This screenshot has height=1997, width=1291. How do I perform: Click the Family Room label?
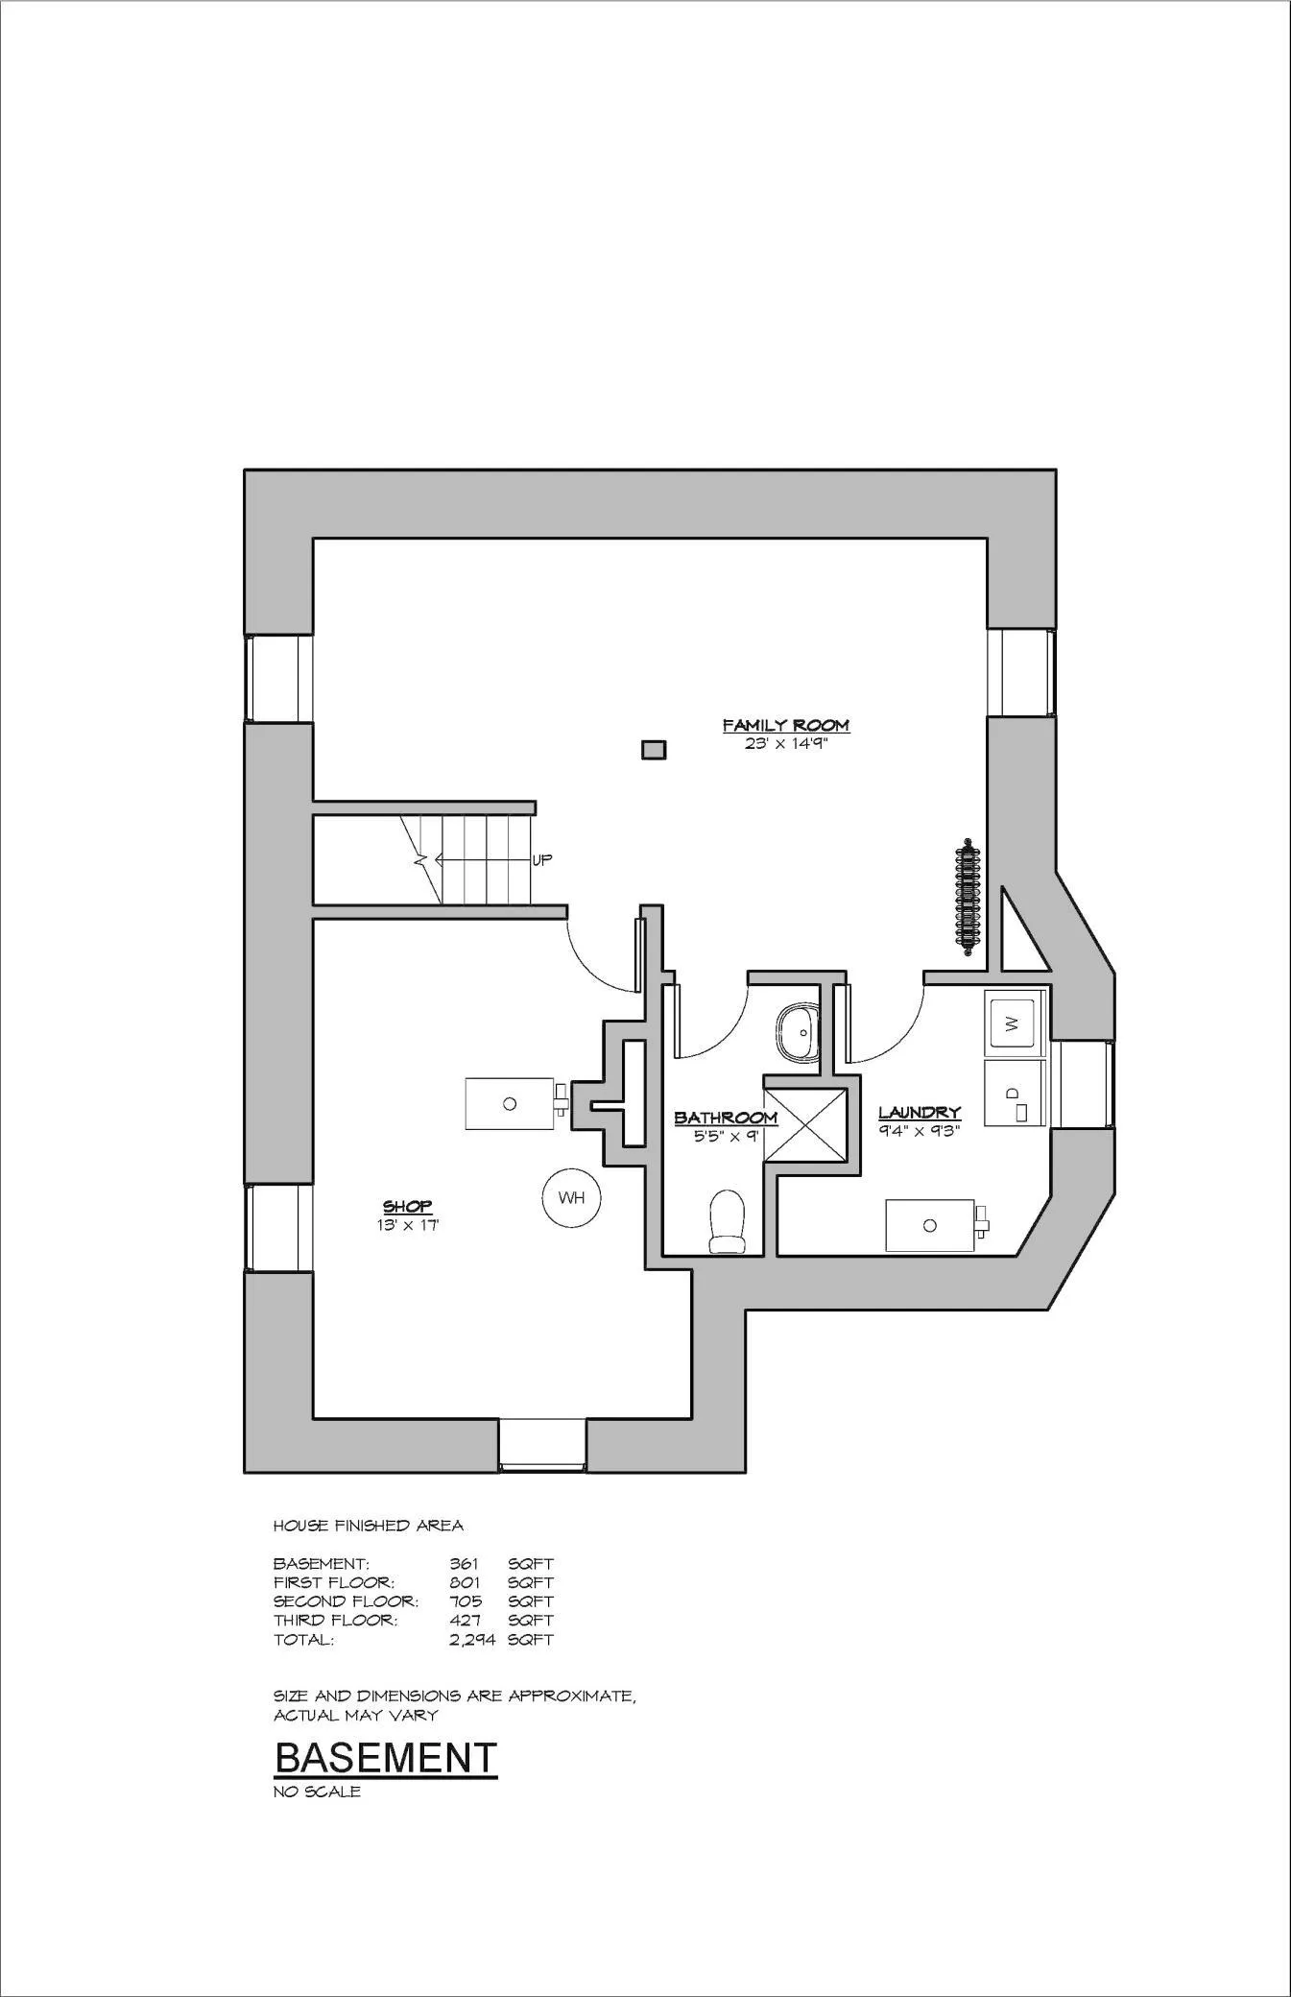coord(785,726)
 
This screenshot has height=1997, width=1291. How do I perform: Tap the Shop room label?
coord(407,1206)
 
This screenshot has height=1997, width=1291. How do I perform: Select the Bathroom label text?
coord(726,1118)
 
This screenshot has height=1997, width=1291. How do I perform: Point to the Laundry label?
coord(920,1113)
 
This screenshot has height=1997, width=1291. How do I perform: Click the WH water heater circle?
coord(571,1197)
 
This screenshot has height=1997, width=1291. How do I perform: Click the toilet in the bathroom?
coord(727,1222)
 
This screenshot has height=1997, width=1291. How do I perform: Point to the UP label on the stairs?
coord(542,860)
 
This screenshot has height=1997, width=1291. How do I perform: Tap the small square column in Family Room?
coord(654,749)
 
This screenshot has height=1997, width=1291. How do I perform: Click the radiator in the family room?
coord(968,899)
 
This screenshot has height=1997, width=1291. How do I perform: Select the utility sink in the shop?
coord(515,1103)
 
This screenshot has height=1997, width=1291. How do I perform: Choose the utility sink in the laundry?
coord(935,1225)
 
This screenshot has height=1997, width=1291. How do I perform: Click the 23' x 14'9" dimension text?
coord(785,743)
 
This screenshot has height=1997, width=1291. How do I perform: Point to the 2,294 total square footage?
coord(472,1640)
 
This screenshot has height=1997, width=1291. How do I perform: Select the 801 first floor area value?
coord(465,1582)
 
